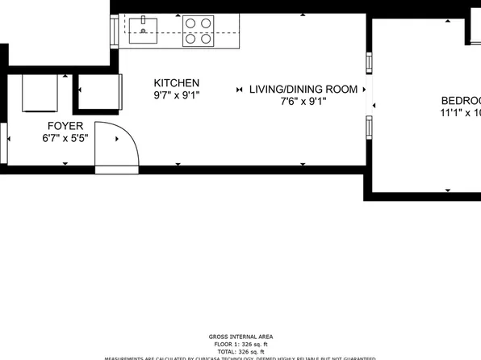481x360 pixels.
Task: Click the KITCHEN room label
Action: [x=177, y=83]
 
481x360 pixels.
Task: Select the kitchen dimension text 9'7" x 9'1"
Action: [x=177, y=95]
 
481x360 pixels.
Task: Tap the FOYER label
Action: [x=65, y=125]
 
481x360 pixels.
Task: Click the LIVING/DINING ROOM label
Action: [x=303, y=90]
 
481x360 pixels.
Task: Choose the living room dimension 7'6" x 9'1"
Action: [x=303, y=102]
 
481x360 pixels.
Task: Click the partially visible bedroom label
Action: [x=460, y=101]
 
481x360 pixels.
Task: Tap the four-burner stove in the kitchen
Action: [x=198, y=31]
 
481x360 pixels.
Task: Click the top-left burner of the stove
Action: [x=190, y=23]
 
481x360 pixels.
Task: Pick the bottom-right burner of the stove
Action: [x=206, y=38]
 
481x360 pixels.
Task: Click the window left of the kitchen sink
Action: [x=114, y=31]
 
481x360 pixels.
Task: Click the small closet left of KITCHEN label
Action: [x=98, y=94]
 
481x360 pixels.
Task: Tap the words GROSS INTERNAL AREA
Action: [x=240, y=336]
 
